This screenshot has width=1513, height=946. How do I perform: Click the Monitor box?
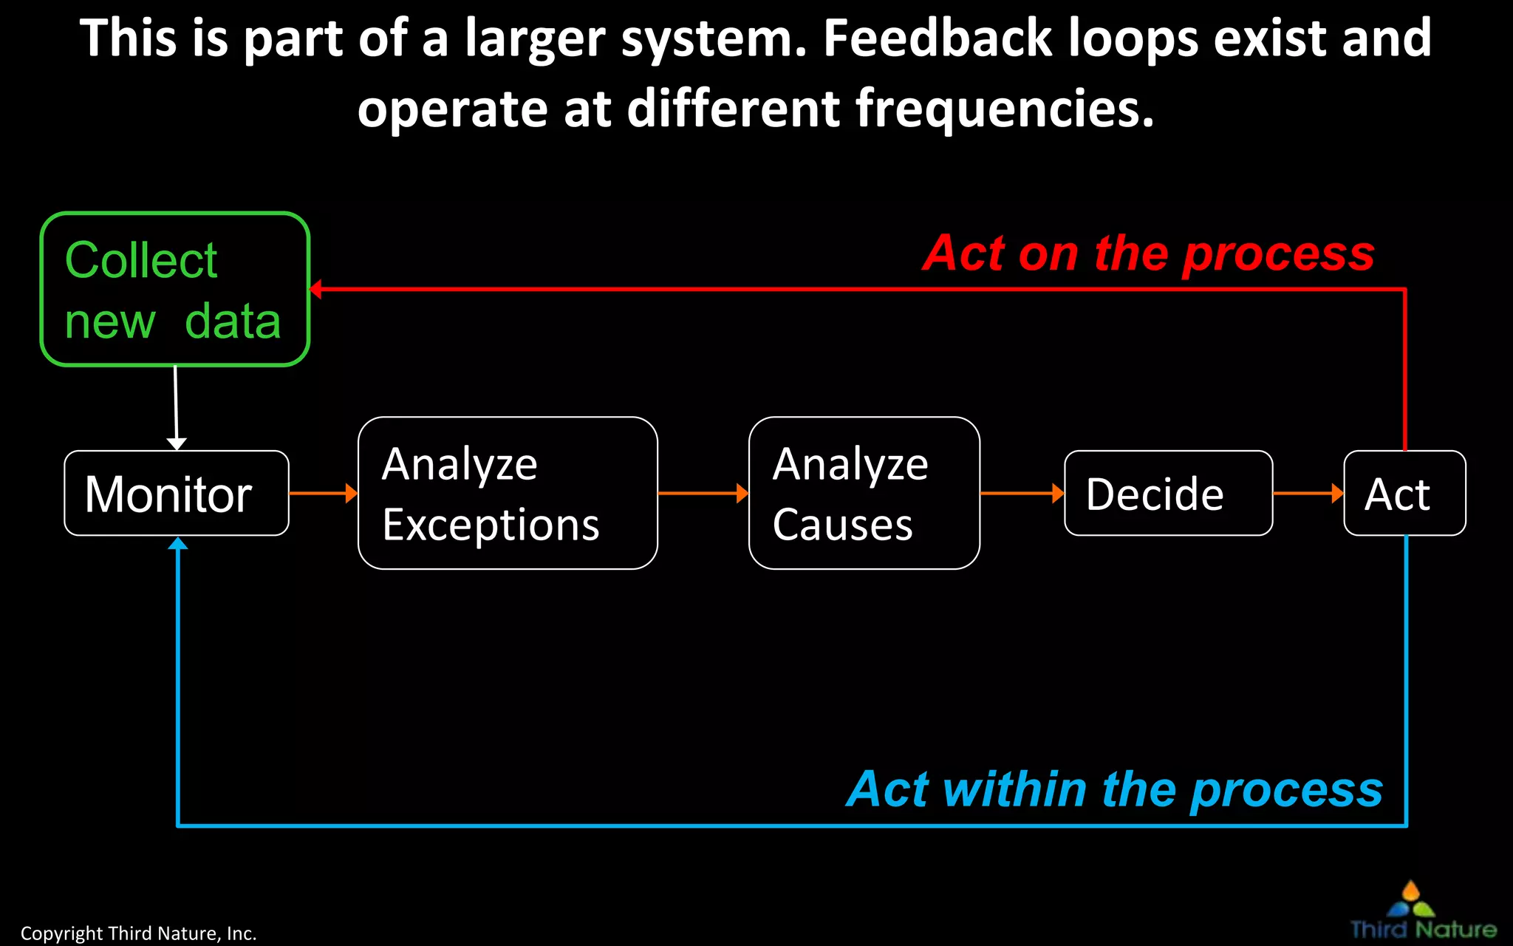point(176,493)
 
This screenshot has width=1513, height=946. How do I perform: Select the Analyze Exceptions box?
point(508,493)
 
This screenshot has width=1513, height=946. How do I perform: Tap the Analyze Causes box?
point(864,493)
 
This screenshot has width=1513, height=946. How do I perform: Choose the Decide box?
point(1168,493)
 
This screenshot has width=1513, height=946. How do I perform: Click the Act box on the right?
point(1404,493)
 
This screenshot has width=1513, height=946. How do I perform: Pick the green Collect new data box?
point(174,289)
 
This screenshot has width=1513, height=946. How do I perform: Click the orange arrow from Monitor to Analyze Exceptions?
point(323,493)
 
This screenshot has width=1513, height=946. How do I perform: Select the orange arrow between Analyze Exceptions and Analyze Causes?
point(703,493)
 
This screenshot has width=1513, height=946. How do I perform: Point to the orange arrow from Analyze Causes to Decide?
point(1022,493)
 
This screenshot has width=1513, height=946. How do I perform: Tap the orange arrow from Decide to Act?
point(1308,493)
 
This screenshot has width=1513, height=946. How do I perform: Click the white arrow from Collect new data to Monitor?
point(176,406)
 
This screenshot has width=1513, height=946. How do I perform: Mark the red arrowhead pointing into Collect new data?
point(315,289)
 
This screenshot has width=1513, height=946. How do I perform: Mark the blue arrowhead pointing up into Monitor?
point(178,544)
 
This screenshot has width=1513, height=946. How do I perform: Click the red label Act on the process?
point(1149,253)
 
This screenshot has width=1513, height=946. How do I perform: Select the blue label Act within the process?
point(1115,789)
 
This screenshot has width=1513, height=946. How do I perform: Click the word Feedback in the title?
point(937,38)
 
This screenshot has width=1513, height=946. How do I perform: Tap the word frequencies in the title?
point(1005,109)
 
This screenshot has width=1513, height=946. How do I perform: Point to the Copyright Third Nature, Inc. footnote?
point(138,933)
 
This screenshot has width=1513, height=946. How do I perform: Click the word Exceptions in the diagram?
point(491,525)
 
